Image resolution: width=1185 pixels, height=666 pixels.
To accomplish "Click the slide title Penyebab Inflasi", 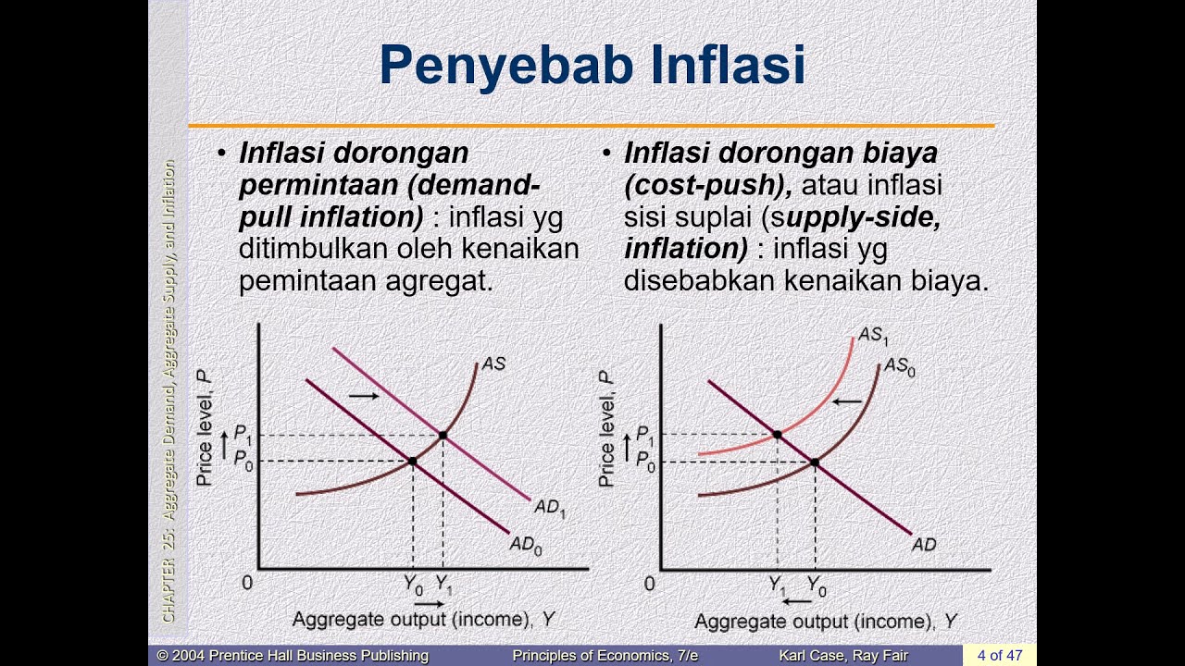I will pos(592,67).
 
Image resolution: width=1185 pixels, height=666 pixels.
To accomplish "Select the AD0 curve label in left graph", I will pos(526,546).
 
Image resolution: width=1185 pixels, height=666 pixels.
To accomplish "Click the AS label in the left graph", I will pos(493,364).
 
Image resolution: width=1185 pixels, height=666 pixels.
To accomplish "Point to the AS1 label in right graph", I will pos(872,336).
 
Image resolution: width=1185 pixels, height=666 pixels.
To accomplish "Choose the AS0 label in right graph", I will pos(899,367).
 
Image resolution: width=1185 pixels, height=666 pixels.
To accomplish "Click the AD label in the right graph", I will pos(924,545).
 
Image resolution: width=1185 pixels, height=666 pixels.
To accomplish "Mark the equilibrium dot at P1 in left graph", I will pos(443,435).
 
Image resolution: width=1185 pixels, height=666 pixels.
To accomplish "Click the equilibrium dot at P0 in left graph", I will pos(412,461).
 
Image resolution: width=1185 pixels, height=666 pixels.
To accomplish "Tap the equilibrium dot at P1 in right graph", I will pos(777,434).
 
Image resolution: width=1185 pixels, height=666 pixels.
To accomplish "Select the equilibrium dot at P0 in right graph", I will pos(815,462).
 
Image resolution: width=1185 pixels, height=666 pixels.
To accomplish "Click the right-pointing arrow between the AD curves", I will pos(364,396).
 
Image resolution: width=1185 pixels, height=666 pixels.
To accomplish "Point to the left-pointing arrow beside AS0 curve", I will pos(846,401).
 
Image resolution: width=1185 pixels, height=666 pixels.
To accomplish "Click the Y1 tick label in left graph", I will pos(444,585).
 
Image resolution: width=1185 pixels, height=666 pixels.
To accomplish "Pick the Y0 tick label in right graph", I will pos(817,585).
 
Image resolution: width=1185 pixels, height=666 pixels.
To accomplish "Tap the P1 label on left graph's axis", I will pos(243,433).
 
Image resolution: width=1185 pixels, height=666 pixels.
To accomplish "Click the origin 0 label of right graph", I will pos(649,584).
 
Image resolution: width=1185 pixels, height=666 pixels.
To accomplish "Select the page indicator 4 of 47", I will pos(999,655).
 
